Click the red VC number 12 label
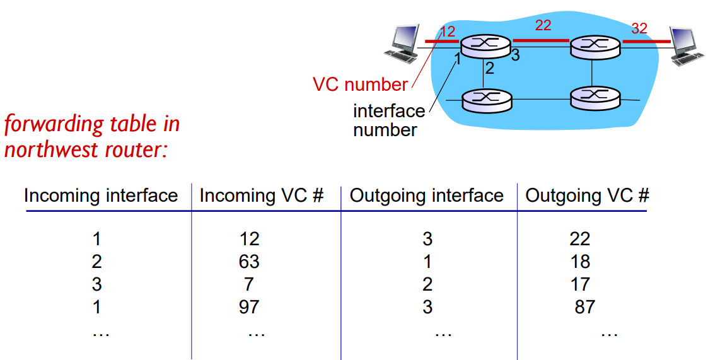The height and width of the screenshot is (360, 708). point(447,31)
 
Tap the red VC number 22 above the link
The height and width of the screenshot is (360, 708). point(543,26)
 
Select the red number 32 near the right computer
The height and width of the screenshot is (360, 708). point(639,28)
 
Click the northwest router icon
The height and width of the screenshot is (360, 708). point(484,45)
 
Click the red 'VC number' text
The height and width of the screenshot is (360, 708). point(360,84)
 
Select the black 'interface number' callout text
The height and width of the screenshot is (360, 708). point(388,120)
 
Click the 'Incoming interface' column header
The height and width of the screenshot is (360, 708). point(101,195)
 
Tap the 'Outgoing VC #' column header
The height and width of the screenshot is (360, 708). point(587,195)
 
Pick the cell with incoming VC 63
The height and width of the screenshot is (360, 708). point(250,261)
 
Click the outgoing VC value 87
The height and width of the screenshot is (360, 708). point(584,307)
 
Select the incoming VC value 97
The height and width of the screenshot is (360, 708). point(250,307)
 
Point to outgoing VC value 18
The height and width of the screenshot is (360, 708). point(580,261)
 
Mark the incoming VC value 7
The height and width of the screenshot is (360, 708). point(250,284)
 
